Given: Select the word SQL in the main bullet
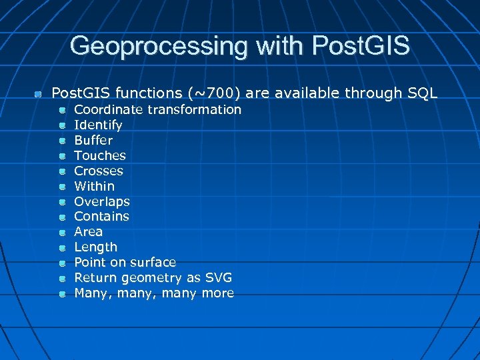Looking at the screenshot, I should click(x=423, y=93).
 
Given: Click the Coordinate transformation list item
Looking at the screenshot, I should click(x=157, y=109).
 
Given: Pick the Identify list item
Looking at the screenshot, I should click(x=98, y=125).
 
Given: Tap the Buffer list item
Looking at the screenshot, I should click(x=93, y=140).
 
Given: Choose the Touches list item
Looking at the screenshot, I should click(x=100, y=155).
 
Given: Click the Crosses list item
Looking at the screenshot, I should click(x=99, y=171).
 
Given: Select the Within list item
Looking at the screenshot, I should click(x=94, y=186).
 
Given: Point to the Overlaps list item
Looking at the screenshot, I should click(x=102, y=201).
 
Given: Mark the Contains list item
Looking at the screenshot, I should click(x=102, y=217).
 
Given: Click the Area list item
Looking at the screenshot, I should click(x=88, y=232).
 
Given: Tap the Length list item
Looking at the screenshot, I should click(x=95, y=247).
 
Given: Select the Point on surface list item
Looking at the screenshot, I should click(x=125, y=263).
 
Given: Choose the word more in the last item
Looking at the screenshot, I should click(x=218, y=293).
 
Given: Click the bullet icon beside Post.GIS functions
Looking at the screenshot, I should click(x=39, y=94).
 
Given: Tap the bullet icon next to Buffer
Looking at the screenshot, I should click(x=61, y=141).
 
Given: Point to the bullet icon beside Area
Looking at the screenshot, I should click(x=61, y=233).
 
